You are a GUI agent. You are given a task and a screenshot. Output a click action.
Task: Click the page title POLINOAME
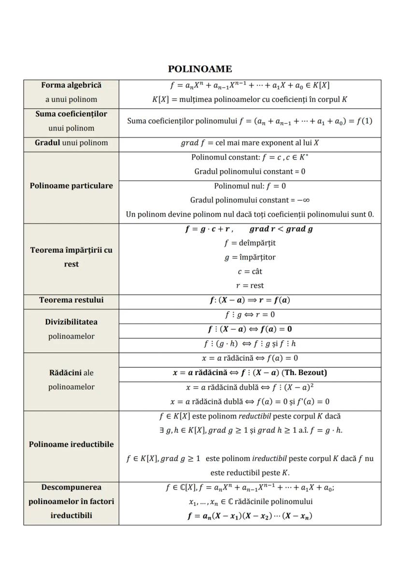[x=200, y=69]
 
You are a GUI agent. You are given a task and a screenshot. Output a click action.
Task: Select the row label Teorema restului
[x=71, y=300]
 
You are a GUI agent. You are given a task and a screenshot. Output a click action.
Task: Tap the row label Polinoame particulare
[x=71, y=186]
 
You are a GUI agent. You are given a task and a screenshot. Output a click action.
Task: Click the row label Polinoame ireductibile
[x=71, y=444]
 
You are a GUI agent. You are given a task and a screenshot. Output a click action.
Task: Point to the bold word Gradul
[x=47, y=143]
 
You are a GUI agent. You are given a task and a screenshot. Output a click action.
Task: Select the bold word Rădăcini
[x=65, y=373]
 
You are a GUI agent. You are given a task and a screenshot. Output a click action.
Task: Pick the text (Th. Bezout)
[x=304, y=373]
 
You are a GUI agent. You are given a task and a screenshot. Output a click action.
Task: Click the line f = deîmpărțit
[x=250, y=243]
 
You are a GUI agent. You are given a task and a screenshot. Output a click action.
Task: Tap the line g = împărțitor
[x=250, y=258]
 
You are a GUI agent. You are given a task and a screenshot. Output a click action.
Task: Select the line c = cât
[x=250, y=272]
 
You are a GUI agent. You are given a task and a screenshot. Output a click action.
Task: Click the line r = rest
[x=250, y=286]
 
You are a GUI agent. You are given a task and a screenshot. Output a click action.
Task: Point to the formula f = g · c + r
[x=209, y=229]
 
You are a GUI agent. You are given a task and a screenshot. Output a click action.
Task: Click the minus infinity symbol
[x=303, y=200]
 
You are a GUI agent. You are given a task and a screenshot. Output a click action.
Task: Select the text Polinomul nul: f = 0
[x=250, y=186]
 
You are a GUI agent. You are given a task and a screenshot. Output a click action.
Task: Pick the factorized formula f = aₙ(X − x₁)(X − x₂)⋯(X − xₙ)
[x=250, y=516]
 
